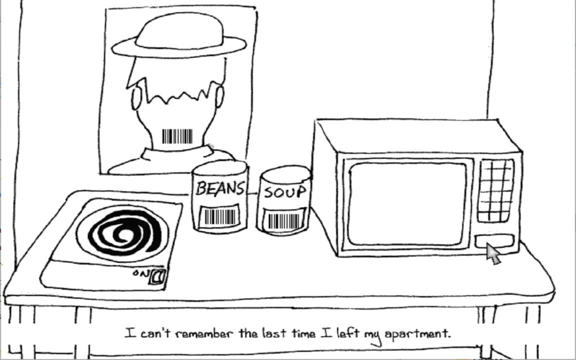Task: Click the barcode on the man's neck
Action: coord(177,136)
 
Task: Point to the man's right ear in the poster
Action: coord(219,96)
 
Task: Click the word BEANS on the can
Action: coord(219,188)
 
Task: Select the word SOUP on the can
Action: coord(284,192)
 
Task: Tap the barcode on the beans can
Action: coord(219,216)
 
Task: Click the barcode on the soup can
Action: coord(284,220)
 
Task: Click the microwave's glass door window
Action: coord(407,204)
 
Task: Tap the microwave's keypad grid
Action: coord(495,190)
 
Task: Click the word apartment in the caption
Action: coord(417,333)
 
